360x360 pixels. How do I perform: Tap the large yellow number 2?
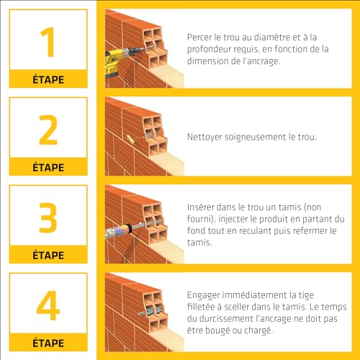point(48,130)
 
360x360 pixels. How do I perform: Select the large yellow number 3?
point(48,217)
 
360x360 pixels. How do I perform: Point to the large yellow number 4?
point(48,305)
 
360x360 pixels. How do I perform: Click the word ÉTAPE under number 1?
point(48,79)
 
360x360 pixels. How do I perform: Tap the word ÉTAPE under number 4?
point(48,343)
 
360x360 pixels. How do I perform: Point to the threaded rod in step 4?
point(149,311)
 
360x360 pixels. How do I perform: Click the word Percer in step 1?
point(199,37)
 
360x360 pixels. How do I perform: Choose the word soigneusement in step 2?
point(256,138)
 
